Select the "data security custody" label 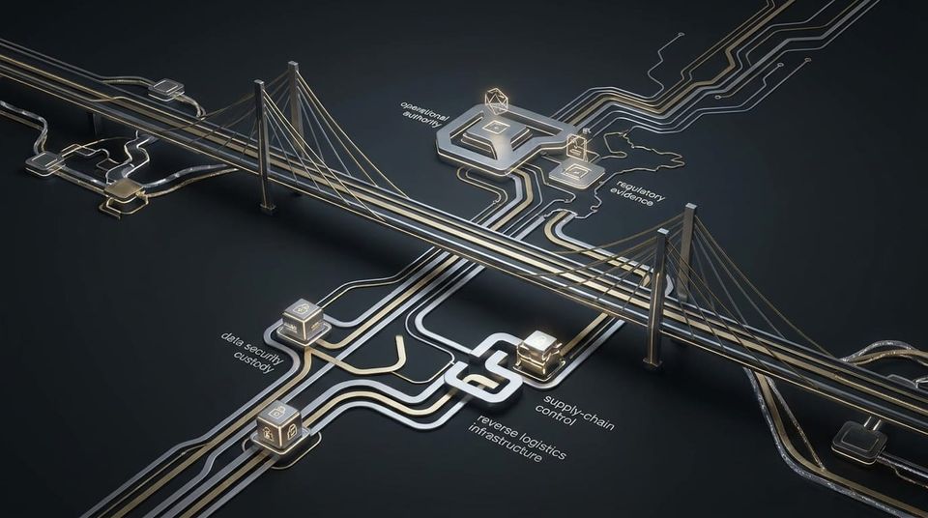[251, 353]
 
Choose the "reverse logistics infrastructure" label [516, 440]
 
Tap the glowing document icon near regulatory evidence [575, 146]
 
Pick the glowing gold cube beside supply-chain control [539, 353]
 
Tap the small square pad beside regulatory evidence [576, 173]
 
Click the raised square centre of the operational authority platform [494, 129]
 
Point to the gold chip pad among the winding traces [124, 188]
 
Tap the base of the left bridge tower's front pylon [267, 207]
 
